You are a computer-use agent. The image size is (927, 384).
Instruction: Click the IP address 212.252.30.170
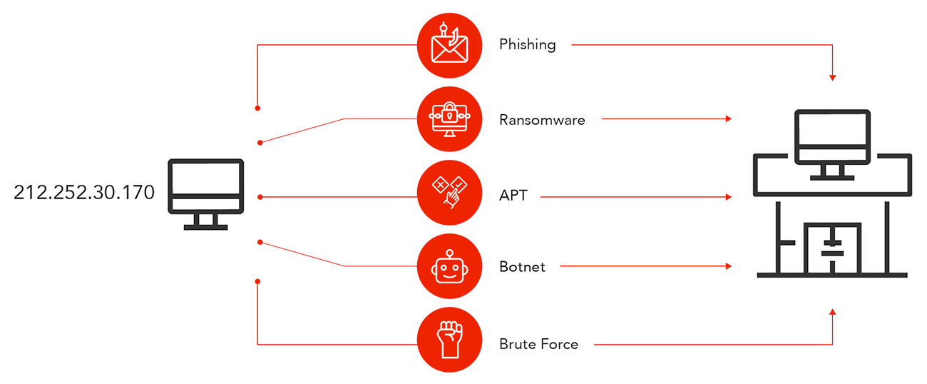coord(84,193)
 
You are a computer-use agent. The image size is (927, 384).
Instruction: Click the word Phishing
coord(527,45)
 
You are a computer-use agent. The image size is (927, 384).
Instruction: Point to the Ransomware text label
coord(542,120)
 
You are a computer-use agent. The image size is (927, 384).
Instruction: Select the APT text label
coord(513,194)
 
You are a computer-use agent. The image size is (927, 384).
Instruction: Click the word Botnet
coord(522,268)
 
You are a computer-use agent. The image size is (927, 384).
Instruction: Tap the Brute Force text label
coord(538,344)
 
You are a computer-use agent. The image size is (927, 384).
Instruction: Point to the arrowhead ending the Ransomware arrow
coord(728,119)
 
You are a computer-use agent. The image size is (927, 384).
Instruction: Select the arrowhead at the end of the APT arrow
coord(728,196)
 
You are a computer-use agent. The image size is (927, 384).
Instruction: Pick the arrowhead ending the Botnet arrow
coord(728,266)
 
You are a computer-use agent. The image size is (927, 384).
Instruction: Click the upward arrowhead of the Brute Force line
coord(832,312)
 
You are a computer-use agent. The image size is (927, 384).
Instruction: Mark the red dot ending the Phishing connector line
coord(257,108)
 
